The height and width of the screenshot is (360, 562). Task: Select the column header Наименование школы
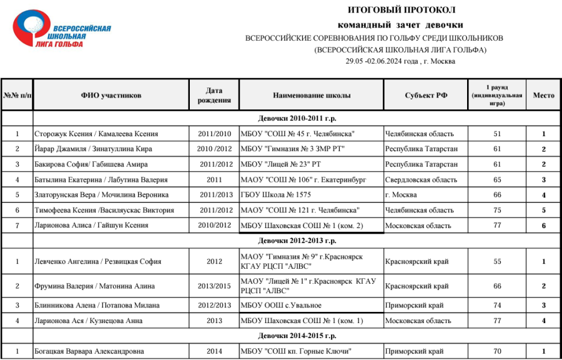tap(312, 96)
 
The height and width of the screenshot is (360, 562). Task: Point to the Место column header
tap(543, 96)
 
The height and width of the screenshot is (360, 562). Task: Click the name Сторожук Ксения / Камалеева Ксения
tap(96, 134)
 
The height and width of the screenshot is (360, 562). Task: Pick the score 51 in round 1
tap(497, 134)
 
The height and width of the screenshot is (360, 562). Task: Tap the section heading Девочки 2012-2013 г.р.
tap(297, 241)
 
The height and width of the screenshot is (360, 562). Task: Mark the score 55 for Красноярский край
tap(497, 262)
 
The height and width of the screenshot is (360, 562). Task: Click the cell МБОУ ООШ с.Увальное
tap(281, 306)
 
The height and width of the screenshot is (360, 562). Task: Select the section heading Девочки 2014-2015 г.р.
tap(297, 336)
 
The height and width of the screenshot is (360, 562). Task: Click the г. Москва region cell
tap(401, 195)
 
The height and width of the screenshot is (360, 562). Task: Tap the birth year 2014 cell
tap(214, 351)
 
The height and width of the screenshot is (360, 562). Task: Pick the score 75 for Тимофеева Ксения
tap(497, 210)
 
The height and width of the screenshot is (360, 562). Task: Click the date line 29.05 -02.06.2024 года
tap(400, 61)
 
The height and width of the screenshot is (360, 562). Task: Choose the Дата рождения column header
tap(214, 96)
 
